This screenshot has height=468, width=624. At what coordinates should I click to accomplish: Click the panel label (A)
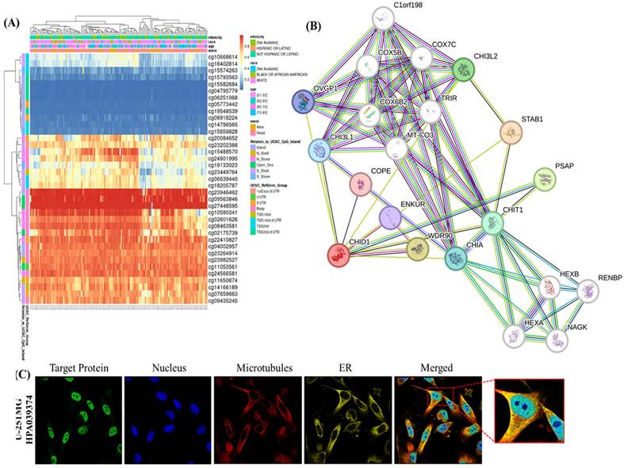pyautogui.click(x=11, y=22)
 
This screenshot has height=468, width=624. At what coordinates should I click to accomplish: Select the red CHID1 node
pyautogui.click(x=339, y=255)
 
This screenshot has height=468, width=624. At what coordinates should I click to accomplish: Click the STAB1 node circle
pyautogui.click(x=514, y=131)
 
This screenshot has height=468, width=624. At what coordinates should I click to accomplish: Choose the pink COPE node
pyautogui.click(x=362, y=186)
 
